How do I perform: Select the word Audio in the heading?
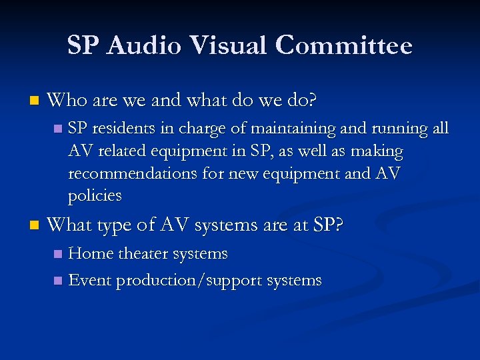click(137, 46)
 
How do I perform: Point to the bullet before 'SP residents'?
click(57, 128)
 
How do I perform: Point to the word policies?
click(95, 196)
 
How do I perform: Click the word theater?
click(144, 254)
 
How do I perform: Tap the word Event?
click(90, 281)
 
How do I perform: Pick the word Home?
click(91, 254)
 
